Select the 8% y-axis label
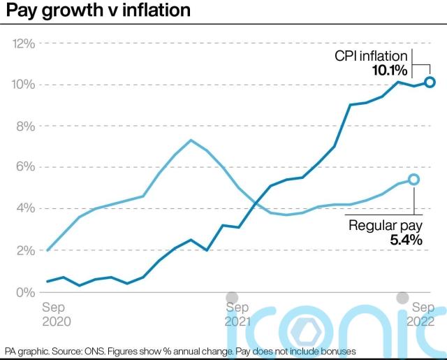(25, 127)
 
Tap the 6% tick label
(25, 168)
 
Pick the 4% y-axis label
(25, 209)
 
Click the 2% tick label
(25, 250)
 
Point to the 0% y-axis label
(25, 291)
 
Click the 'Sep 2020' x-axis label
(56, 314)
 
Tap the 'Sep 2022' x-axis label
(423, 314)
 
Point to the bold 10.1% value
(389, 71)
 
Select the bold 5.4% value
(406, 240)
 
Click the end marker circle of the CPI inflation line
(430, 82)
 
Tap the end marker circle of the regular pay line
(413, 180)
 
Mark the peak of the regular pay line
(191, 140)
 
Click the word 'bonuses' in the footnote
(336, 350)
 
